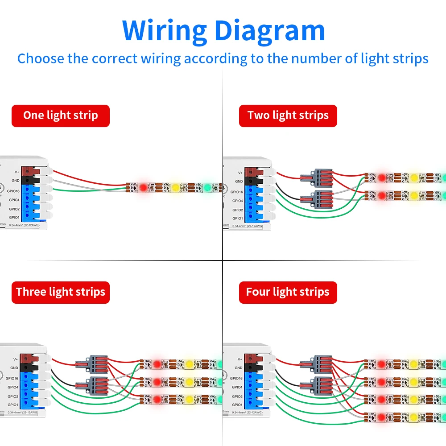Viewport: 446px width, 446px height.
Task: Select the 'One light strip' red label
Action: coord(61,116)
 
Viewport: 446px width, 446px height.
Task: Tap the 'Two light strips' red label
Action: coord(288,116)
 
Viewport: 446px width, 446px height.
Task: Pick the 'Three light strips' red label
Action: coord(61,292)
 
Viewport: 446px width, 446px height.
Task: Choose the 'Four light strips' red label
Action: coord(288,292)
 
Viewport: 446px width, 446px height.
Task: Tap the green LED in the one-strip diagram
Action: coord(207,187)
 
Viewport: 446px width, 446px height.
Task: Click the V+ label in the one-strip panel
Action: coord(17,172)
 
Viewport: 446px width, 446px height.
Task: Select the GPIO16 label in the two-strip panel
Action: coord(237,191)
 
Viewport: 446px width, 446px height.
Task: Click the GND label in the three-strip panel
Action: coord(14,368)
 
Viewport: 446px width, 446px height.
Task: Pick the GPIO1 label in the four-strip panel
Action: coord(237,405)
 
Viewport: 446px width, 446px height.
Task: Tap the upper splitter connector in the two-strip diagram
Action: coord(317,178)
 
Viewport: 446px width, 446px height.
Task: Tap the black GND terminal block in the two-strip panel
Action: coord(256,181)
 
